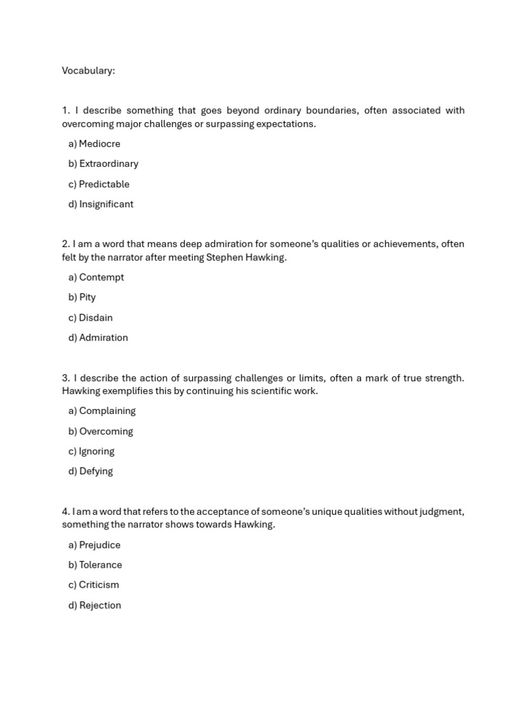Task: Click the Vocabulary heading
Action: [89, 71]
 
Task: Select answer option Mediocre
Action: [99, 143]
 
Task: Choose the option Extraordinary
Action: [108, 163]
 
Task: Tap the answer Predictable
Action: [104, 184]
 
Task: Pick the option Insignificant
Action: [106, 204]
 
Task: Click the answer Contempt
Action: [101, 277]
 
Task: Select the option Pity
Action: [87, 297]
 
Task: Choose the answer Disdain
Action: [95, 318]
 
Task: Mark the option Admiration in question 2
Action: [103, 338]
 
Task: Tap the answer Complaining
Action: [107, 411]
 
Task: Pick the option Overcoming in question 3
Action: [106, 431]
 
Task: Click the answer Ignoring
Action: [96, 451]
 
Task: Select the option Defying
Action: [95, 471]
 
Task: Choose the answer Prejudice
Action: [99, 545]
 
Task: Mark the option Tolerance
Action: [100, 565]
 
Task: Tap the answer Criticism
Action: [99, 585]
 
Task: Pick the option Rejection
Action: [99, 606]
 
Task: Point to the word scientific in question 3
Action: [253, 391]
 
